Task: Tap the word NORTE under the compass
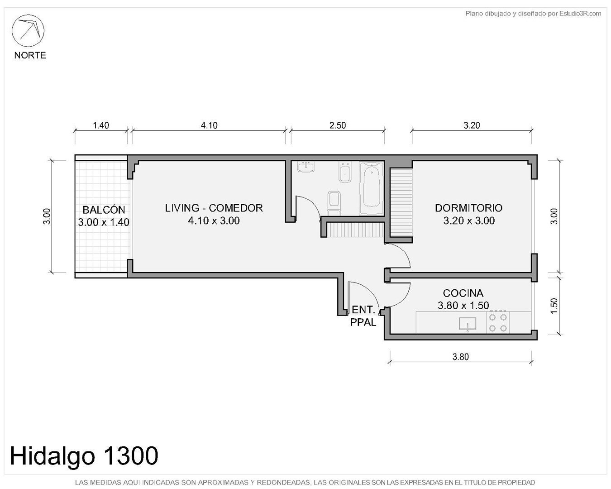[x=30, y=55]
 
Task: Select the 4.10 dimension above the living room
[x=209, y=125]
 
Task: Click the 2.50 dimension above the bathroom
[x=338, y=125]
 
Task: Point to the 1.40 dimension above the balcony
[x=101, y=125]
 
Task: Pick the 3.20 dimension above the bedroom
[x=472, y=125]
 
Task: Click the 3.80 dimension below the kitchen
[x=461, y=357]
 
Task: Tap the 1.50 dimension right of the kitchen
[x=554, y=306]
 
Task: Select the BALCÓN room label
[x=104, y=210]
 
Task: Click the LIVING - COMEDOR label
[x=214, y=208]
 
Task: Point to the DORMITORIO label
[x=469, y=208]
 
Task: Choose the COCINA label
[x=463, y=293]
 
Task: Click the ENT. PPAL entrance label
[x=363, y=316]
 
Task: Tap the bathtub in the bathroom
[x=371, y=188]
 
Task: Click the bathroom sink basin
[x=306, y=167]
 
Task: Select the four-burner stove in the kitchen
[x=498, y=322]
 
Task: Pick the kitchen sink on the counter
[x=468, y=324]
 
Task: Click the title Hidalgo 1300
[x=84, y=455]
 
